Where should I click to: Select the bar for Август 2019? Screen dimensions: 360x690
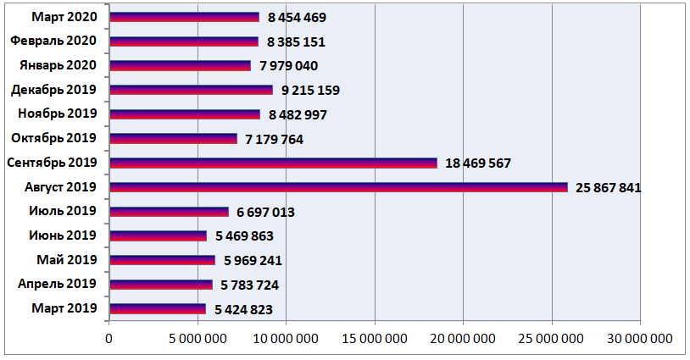pyautogui.click(x=338, y=187)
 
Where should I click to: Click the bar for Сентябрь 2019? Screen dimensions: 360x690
pyautogui.click(x=273, y=163)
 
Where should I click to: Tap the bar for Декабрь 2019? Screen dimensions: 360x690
pyautogui.click(x=191, y=90)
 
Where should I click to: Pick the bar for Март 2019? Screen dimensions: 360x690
pyautogui.click(x=158, y=309)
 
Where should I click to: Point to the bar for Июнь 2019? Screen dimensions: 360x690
pyautogui.click(x=158, y=236)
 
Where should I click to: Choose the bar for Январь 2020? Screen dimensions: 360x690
pyautogui.click(x=180, y=65)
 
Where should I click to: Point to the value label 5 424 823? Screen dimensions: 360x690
pyautogui.click(x=244, y=309)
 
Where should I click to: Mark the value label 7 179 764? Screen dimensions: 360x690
pyautogui.click(x=275, y=139)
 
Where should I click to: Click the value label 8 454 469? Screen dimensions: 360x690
pyautogui.click(x=297, y=17)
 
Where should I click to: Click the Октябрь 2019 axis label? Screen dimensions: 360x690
pyautogui.click(x=54, y=138)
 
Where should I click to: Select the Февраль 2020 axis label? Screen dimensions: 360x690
pyautogui.click(x=54, y=41)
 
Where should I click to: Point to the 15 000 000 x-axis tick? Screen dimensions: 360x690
pyautogui.click(x=375, y=339)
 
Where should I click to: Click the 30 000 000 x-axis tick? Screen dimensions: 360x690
pyautogui.click(x=640, y=339)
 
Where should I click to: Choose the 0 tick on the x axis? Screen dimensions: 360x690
pyautogui.click(x=109, y=339)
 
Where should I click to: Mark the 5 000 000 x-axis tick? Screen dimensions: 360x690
pyautogui.click(x=198, y=339)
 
